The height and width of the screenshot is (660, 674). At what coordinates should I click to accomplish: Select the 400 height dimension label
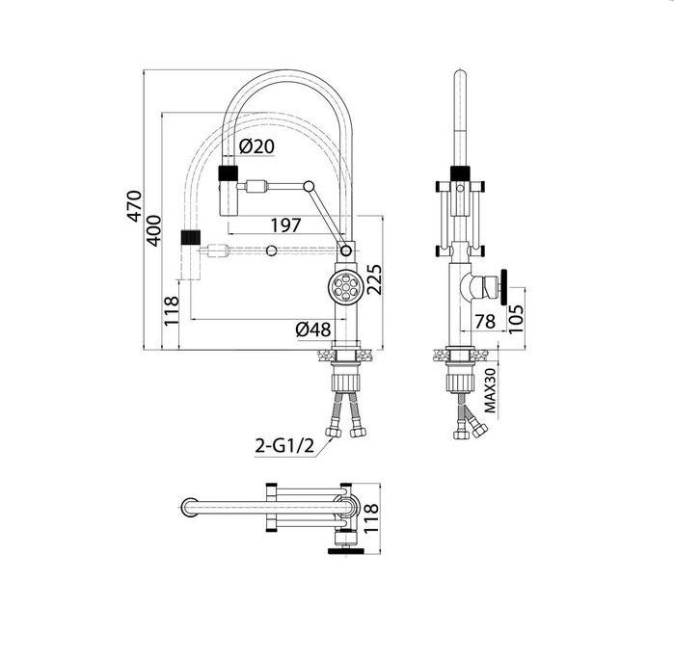point(154,230)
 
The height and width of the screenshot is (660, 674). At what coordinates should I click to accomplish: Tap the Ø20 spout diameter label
point(256,146)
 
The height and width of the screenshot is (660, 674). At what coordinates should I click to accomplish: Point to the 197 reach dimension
point(284,224)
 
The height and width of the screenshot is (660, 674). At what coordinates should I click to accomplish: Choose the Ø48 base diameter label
point(313,330)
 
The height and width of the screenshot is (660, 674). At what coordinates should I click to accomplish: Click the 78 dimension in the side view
point(485,321)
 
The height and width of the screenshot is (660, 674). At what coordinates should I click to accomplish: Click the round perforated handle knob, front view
point(344,285)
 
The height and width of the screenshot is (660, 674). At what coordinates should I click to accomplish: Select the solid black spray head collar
point(229,174)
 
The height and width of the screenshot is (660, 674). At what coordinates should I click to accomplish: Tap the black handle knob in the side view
point(503,286)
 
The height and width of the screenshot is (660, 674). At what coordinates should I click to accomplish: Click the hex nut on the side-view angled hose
point(461,434)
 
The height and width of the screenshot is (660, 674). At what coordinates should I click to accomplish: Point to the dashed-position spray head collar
point(190,235)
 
